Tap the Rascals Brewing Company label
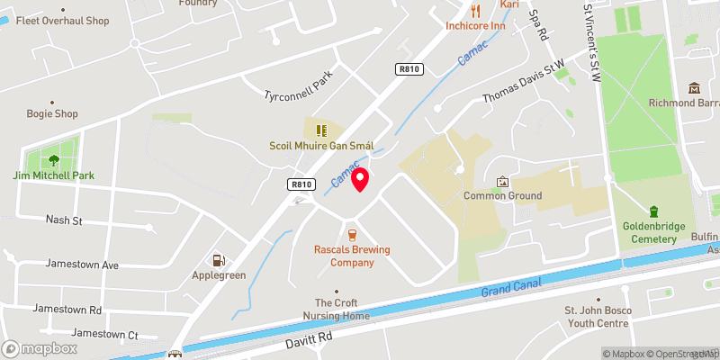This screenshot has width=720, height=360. pyautogui.click(x=344, y=256)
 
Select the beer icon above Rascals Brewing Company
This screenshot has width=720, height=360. pyautogui.click(x=339, y=234)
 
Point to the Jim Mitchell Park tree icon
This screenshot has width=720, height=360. pyautogui.click(x=53, y=160)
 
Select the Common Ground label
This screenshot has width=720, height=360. pyautogui.click(x=502, y=195)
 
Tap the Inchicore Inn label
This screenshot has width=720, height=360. pyautogui.click(x=474, y=25)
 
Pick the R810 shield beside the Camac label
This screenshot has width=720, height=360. pyautogui.click(x=301, y=184)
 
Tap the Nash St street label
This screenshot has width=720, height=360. pyautogui.click(x=64, y=220)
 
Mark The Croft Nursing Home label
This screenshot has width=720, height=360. pyautogui.click(x=342, y=310)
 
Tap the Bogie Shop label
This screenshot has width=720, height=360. pyautogui.click(x=53, y=114)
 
